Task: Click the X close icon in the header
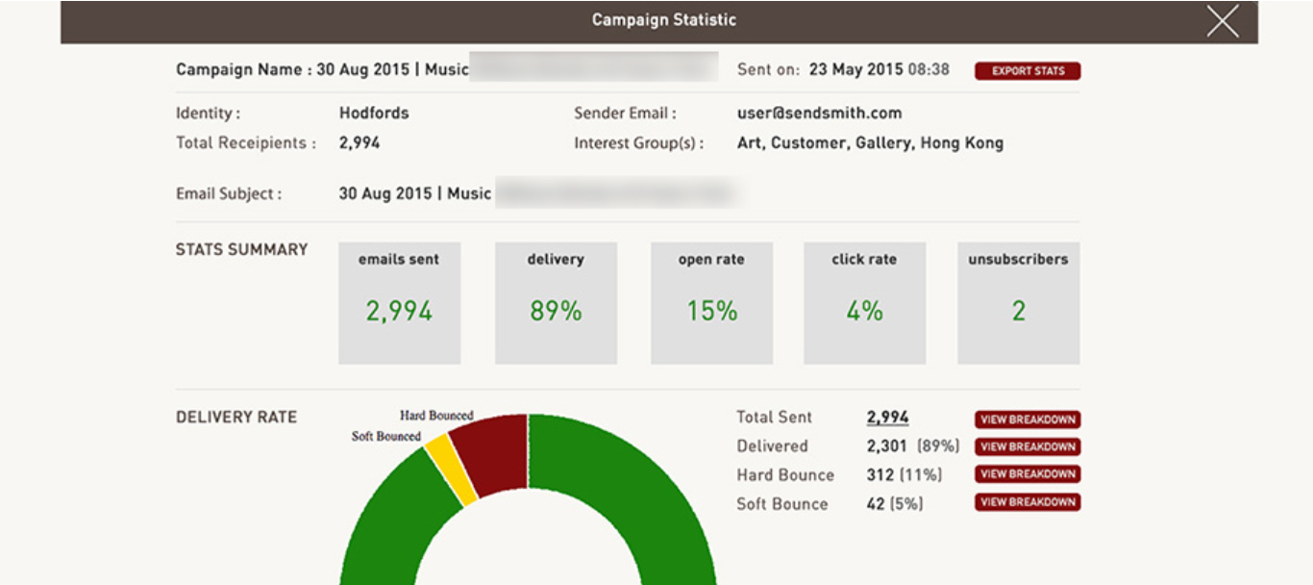pyautogui.click(x=1223, y=21)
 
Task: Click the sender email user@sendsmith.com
pyautogui.click(x=819, y=114)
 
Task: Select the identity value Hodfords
pyautogui.click(x=374, y=114)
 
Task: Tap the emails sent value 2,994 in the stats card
pyautogui.click(x=399, y=311)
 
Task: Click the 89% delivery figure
pyautogui.click(x=556, y=311)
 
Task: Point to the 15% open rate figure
pyautogui.click(x=711, y=311)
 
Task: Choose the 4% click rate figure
pyautogui.click(x=864, y=311)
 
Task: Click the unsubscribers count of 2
pyautogui.click(x=1018, y=311)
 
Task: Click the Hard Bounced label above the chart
pyautogui.click(x=436, y=416)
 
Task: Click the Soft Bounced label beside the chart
pyautogui.click(x=385, y=437)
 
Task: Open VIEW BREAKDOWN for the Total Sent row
pyautogui.click(x=1028, y=420)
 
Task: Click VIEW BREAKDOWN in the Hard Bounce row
pyautogui.click(x=1028, y=474)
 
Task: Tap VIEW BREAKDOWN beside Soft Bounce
pyautogui.click(x=1028, y=502)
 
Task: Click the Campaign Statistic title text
pyautogui.click(x=663, y=20)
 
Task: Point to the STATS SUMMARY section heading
pyautogui.click(x=241, y=249)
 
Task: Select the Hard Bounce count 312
pyautogui.click(x=880, y=475)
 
